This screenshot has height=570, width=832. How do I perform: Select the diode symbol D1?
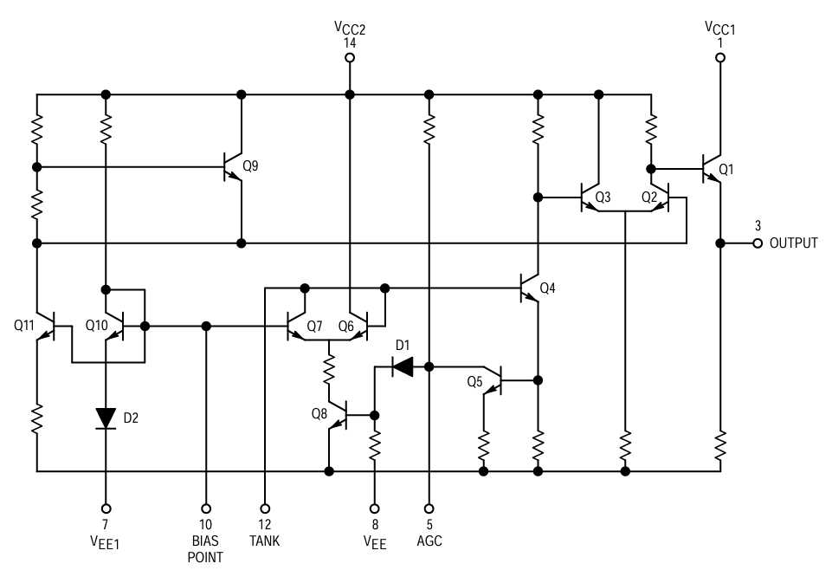click(403, 366)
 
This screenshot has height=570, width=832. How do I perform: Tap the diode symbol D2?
click(106, 418)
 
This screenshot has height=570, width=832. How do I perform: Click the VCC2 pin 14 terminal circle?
click(350, 58)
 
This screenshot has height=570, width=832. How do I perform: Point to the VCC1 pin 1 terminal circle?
click(719, 58)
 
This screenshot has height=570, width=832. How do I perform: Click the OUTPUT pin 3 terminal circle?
click(758, 243)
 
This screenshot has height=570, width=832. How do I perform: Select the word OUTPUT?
click(793, 243)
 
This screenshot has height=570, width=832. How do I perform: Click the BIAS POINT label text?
click(206, 549)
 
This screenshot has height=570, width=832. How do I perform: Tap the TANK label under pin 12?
click(264, 541)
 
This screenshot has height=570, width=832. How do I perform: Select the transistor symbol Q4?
click(530, 287)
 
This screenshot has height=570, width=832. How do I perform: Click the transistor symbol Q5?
click(494, 379)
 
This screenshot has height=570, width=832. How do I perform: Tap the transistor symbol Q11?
click(46, 327)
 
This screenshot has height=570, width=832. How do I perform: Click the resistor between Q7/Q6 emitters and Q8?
click(330, 372)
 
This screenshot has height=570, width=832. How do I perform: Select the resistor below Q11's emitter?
click(37, 421)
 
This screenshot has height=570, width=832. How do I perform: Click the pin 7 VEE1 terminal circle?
click(106, 508)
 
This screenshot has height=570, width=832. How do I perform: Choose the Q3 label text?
click(603, 198)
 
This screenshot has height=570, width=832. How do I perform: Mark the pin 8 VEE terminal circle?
click(375, 508)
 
